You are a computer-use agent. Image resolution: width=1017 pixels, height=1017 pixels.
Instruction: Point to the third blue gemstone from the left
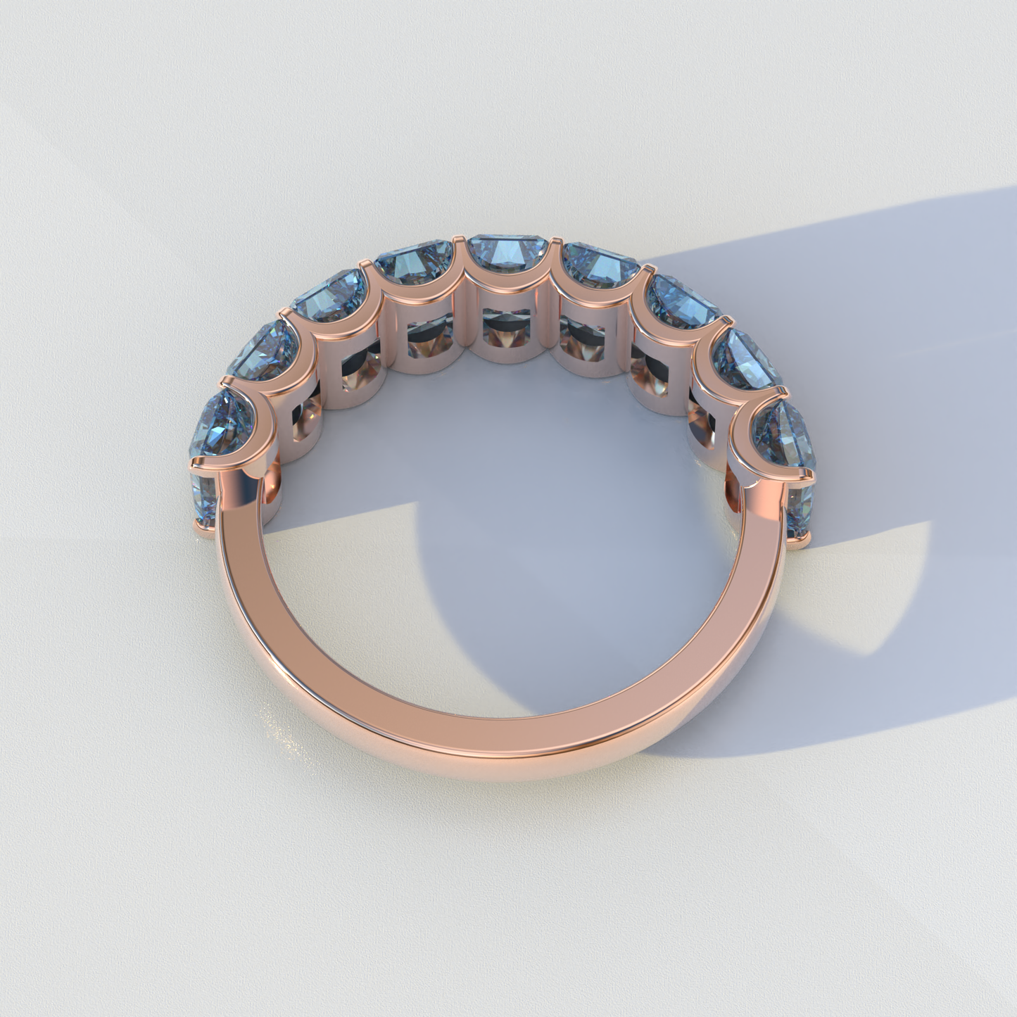click(324, 296)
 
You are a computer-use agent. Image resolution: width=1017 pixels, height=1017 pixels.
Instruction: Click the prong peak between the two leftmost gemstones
click(224, 380)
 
